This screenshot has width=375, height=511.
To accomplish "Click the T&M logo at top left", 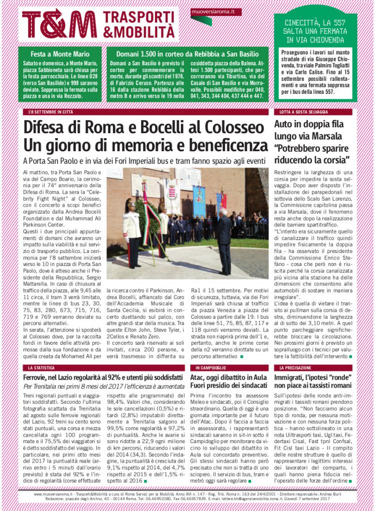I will pyautogui.click(x=59, y=23).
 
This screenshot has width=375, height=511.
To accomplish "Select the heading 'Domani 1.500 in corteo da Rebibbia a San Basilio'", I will pyautogui.click(x=186, y=54).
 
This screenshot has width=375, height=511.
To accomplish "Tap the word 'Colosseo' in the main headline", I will pyautogui.click(x=231, y=128).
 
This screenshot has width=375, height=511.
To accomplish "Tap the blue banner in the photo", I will pyautogui.click(x=199, y=201).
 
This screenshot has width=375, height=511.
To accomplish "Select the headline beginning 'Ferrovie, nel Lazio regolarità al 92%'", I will pyautogui.click(x=100, y=378).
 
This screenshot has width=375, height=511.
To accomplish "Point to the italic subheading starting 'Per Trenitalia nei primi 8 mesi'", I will pyautogui.click(x=100, y=387).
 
